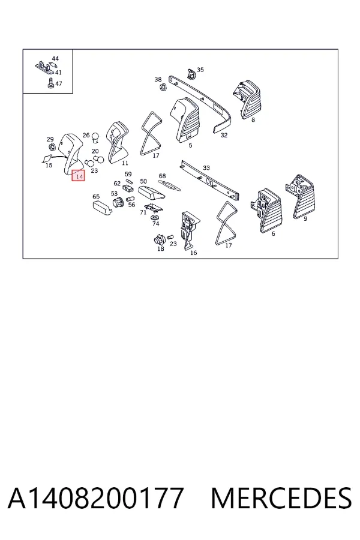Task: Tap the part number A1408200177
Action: coord(95,498)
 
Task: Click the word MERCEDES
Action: coord(281,498)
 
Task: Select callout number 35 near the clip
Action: coord(200,70)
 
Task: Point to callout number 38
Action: coord(158,80)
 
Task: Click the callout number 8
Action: coord(253,120)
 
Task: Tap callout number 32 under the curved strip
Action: coord(224,136)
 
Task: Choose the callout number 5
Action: coord(191,145)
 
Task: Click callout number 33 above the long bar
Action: coord(206,168)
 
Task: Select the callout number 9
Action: coord(305,218)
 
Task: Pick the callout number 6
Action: coord(273,234)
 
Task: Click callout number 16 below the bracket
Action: coord(194,253)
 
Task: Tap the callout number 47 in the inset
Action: coord(59,83)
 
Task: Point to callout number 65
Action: coord(96,197)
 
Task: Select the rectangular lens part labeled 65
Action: coord(103,208)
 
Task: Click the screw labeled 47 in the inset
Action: coord(50,83)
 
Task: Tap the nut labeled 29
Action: coord(52,148)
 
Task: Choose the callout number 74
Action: coord(156,224)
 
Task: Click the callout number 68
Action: coord(162,176)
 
